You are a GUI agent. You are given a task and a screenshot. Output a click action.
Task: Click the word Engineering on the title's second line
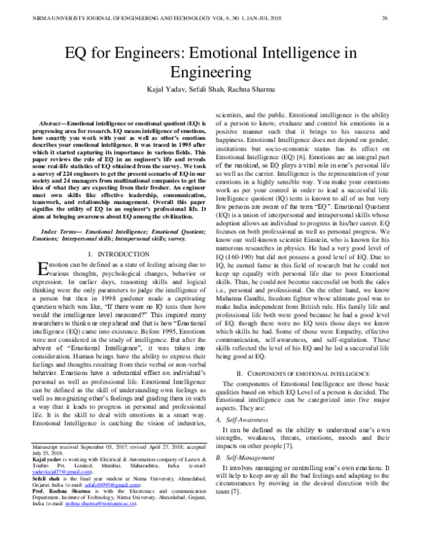[211, 71]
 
